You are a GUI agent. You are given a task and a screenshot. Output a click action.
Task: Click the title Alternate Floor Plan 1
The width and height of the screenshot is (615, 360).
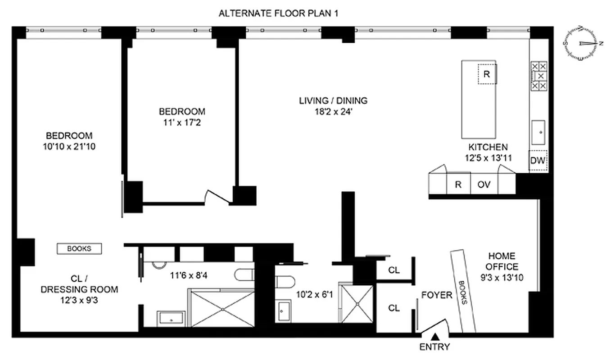click(278, 13)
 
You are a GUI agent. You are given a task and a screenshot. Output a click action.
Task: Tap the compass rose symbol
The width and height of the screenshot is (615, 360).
click(583, 43)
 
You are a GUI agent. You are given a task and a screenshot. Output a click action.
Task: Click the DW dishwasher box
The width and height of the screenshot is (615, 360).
click(538, 161)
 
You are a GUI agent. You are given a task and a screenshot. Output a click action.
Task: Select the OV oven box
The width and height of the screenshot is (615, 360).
click(484, 184)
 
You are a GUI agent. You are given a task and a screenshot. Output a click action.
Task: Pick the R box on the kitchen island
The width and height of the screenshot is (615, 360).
click(486, 74)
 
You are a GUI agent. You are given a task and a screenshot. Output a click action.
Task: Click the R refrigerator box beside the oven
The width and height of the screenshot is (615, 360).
click(458, 184)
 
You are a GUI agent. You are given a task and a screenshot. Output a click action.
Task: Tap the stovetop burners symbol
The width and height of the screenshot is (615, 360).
click(539, 76)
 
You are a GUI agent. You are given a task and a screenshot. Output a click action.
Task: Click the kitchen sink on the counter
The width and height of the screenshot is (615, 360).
click(538, 130)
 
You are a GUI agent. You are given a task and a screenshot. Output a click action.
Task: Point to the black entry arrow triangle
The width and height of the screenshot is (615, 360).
click(435, 336)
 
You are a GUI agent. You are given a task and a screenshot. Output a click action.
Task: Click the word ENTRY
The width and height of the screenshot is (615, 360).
click(434, 347)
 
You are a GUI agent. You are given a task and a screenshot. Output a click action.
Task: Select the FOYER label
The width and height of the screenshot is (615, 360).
click(437, 295)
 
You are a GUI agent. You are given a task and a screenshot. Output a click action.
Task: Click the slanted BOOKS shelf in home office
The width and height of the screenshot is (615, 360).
click(463, 291)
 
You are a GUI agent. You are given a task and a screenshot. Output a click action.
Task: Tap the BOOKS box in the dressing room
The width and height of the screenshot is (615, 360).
click(79, 248)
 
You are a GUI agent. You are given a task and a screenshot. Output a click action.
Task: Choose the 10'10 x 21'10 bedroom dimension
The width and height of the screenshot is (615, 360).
click(69, 146)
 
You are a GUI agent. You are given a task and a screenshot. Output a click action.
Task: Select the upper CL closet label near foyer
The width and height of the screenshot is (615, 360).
click(394, 270)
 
